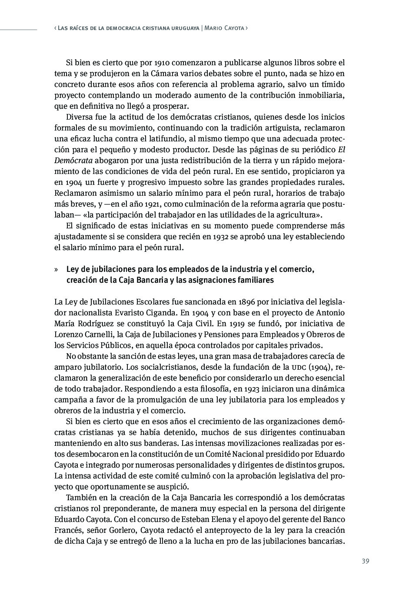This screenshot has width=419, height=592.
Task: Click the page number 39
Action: (365, 561)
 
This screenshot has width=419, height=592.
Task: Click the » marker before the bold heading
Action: (56, 270)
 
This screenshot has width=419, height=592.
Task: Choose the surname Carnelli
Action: (100, 334)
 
